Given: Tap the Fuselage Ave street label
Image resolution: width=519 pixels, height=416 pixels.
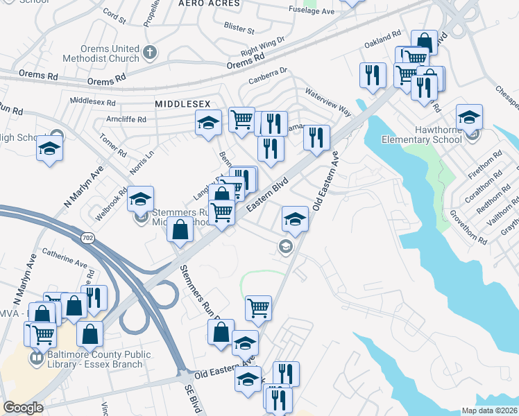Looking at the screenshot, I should coord(312,11).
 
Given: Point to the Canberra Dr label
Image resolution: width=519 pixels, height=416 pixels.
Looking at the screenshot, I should coord(268,74).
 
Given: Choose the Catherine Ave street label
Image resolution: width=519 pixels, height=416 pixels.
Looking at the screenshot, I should coord(65,259).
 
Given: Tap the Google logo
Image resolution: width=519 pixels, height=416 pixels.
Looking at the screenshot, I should coord(23,408).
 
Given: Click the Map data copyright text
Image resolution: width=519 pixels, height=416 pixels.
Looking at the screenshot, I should coord(490,410).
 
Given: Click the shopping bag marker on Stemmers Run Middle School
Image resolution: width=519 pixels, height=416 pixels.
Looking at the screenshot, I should coord(180,229).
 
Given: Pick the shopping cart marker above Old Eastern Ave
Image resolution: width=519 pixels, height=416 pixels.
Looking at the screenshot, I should coord(258,307).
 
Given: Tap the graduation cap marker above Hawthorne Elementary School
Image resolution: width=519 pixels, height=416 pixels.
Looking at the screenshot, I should coord(469,117).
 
